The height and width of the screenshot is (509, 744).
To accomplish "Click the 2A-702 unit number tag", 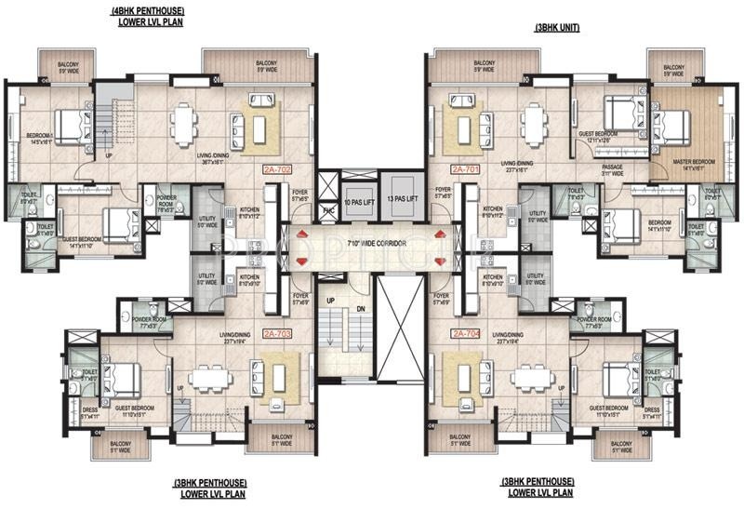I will (x=278, y=170).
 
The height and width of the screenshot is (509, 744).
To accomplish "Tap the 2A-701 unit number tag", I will (x=463, y=170).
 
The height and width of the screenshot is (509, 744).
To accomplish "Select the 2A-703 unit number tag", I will (x=278, y=332).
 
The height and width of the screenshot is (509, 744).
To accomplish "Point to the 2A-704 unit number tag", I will (x=465, y=332).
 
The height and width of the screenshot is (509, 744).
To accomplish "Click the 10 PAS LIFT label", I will (x=358, y=201).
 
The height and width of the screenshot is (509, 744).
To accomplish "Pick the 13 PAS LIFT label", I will (x=405, y=201).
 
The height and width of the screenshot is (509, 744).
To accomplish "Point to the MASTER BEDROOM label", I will (x=698, y=164).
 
